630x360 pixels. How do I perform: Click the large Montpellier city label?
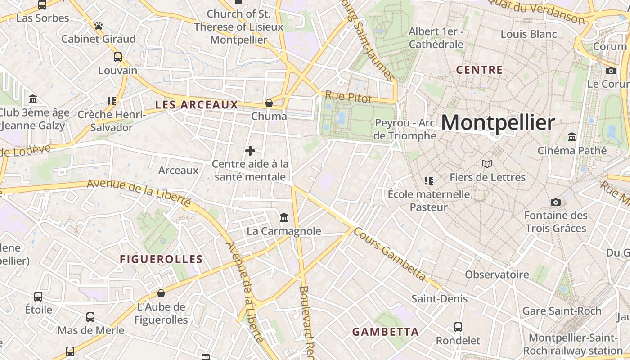[x=498, y=122]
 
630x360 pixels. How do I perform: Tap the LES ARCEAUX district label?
[x=196, y=105]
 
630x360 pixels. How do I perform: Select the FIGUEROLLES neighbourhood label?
[x=161, y=259]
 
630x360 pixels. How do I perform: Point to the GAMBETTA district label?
[x=385, y=332]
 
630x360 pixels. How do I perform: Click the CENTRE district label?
[x=479, y=70]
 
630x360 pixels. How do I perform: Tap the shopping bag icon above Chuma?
[x=269, y=103]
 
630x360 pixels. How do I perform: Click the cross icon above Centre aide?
[x=250, y=151]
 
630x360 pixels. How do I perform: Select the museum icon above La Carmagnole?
[x=284, y=218]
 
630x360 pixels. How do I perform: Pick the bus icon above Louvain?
[x=117, y=57]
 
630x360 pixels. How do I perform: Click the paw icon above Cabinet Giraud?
[x=99, y=26]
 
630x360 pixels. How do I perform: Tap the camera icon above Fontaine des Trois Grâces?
[x=556, y=202]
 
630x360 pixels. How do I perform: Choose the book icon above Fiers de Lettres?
[x=487, y=164]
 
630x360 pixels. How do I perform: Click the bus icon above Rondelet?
[x=458, y=327]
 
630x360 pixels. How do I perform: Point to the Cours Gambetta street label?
[x=390, y=254]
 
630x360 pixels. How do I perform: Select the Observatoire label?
[x=497, y=274]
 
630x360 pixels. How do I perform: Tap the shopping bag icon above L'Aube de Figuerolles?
[x=161, y=293]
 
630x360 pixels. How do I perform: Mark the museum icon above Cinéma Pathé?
[x=572, y=137]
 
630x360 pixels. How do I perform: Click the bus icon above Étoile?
[x=38, y=297]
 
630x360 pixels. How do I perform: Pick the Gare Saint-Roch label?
[x=562, y=311]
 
